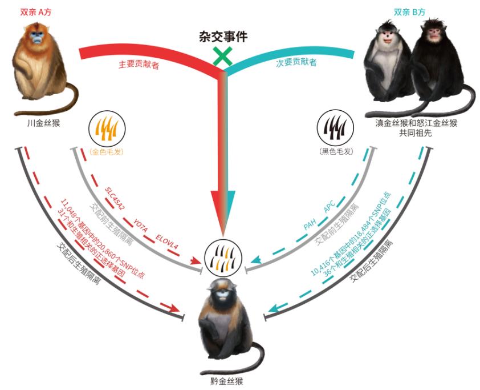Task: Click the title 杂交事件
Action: (223, 37)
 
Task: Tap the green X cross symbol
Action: (222, 57)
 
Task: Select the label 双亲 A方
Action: (36, 12)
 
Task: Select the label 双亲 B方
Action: (409, 12)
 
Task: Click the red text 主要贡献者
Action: (139, 65)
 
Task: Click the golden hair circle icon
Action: (107, 128)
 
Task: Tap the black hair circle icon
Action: (335, 128)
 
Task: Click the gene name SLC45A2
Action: (115, 199)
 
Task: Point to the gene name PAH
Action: (310, 226)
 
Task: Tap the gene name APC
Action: (330, 206)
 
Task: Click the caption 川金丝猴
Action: (43, 123)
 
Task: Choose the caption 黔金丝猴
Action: (227, 381)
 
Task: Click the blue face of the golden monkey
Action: (36, 37)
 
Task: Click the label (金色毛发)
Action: (107, 152)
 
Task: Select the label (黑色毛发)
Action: (336, 151)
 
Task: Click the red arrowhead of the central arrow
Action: (218, 211)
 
